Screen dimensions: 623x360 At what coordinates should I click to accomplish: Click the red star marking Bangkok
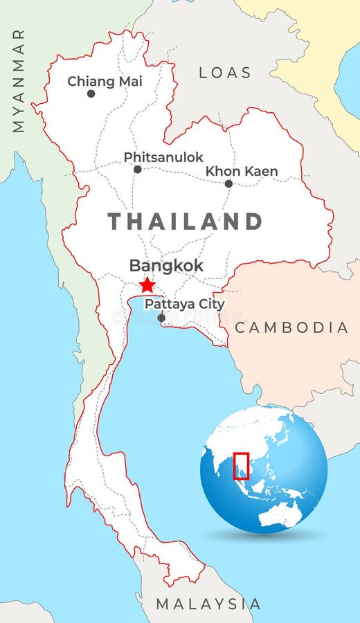pos(147,285)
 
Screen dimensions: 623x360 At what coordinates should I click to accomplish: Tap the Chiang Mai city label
pos(105,81)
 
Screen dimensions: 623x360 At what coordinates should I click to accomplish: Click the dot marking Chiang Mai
pos(91,93)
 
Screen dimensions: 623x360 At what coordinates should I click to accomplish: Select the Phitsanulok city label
pos(163,157)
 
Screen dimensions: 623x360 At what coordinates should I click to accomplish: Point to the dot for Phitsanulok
pos(138,170)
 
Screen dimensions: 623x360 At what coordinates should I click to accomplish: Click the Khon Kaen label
pos(242,171)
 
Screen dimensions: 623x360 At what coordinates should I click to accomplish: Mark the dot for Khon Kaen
pos(228,183)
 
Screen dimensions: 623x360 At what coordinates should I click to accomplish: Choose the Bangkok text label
pos(166,266)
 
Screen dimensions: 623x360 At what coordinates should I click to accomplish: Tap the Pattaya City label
pos(184,304)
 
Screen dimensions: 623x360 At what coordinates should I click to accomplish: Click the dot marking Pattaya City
pos(161,318)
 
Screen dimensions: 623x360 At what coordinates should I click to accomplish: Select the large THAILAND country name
pos(185,222)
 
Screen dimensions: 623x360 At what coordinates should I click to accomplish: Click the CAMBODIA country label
pos(291,327)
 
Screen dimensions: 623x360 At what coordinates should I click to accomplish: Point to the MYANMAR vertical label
pos(18,80)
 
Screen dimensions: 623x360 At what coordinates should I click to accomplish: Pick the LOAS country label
pos(225,73)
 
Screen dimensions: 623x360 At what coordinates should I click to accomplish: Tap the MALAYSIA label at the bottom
pos(208,604)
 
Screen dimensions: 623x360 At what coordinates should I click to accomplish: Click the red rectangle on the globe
pos(241,465)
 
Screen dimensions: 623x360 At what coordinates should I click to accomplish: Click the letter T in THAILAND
pos(115,222)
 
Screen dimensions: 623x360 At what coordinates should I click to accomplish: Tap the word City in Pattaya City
pos(211,304)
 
